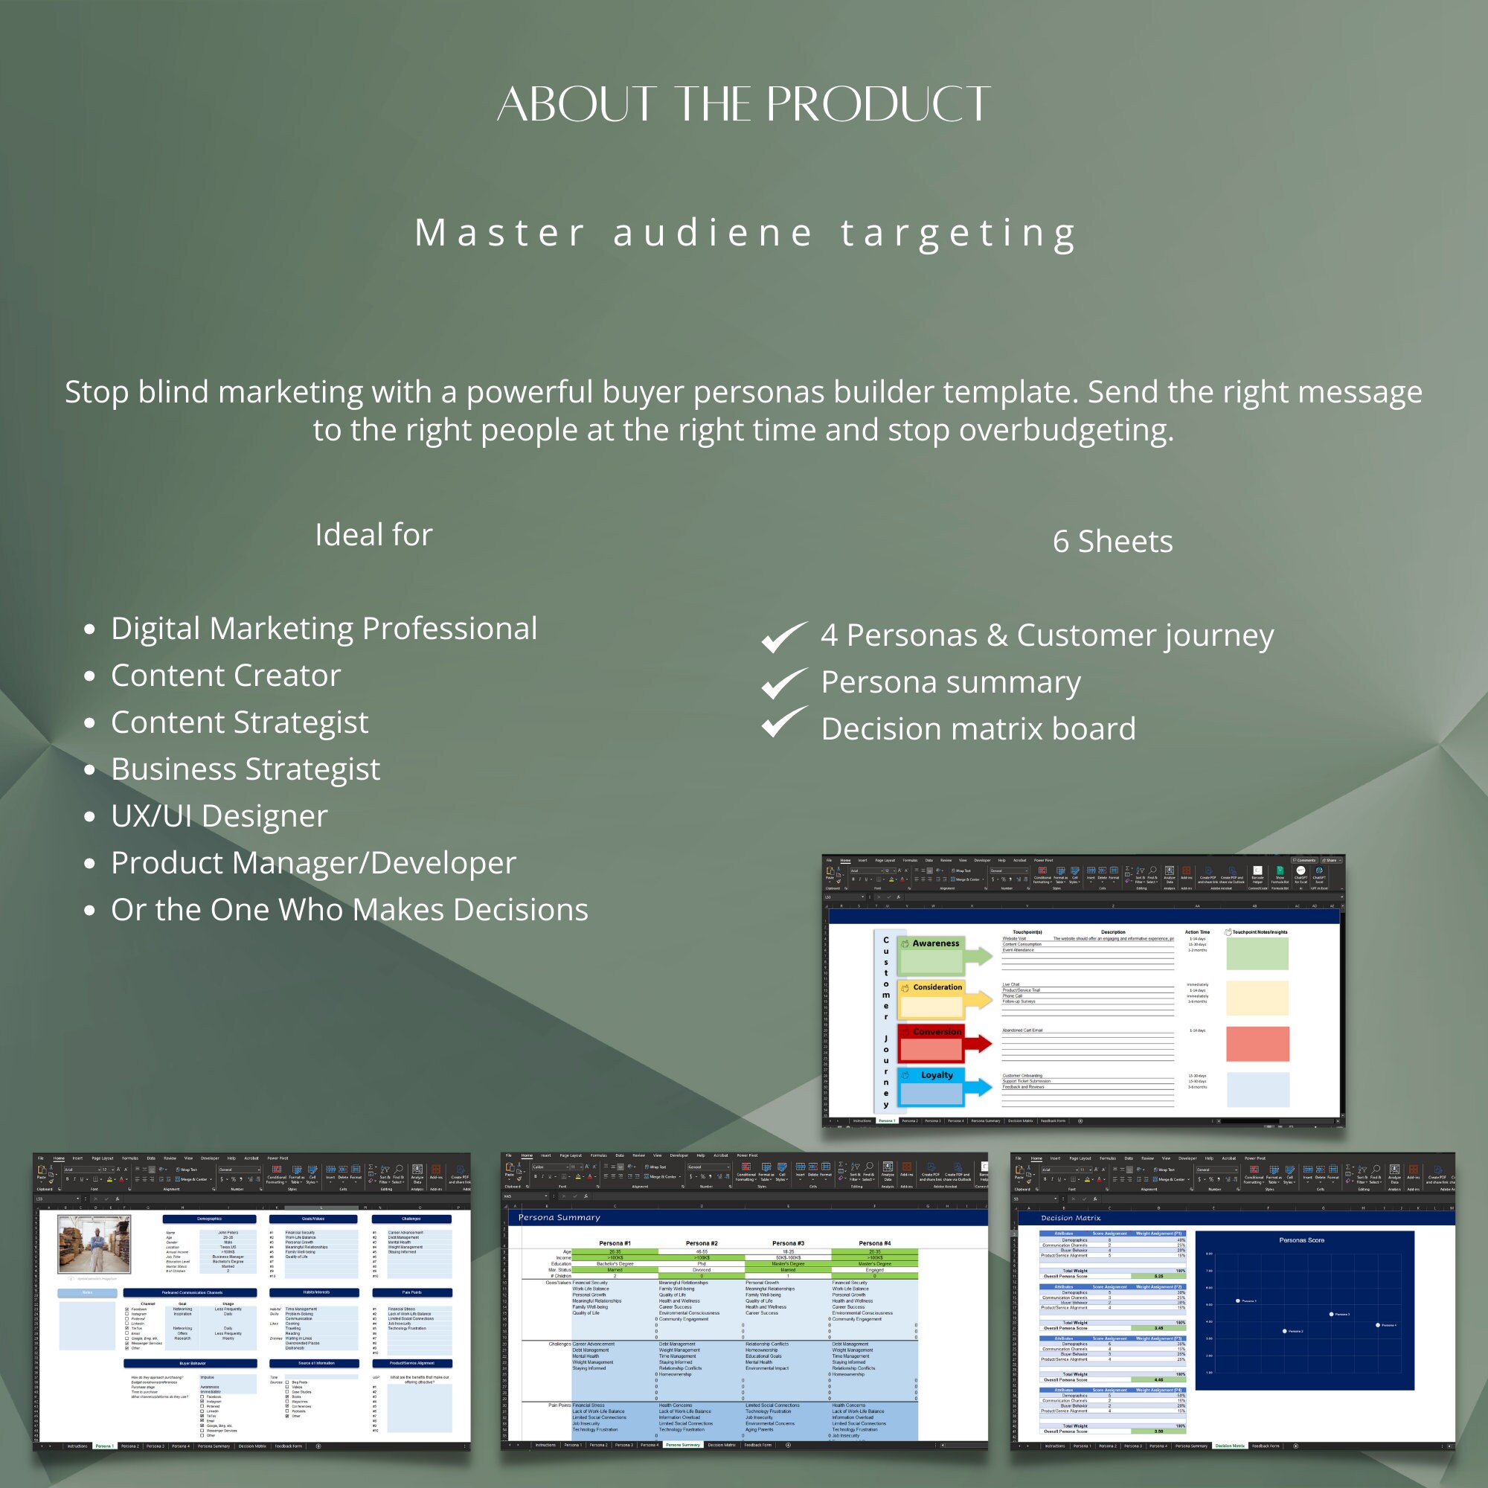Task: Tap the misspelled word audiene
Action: click(713, 233)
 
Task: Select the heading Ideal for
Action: click(373, 534)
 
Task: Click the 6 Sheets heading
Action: click(1112, 542)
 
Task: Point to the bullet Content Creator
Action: click(225, 676)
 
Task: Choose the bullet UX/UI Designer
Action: click(219, 815)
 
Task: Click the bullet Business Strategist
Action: click(246, 769)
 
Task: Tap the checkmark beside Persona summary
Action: click(784, 683)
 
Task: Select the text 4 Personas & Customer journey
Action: click(1048, 635)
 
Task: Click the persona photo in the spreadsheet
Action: click(94, 1244)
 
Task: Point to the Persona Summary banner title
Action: click(559, 1218)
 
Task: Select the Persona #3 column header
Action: click(788, 1243)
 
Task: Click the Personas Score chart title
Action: click(1301, 1240)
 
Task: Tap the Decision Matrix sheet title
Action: click(1071, 1218)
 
